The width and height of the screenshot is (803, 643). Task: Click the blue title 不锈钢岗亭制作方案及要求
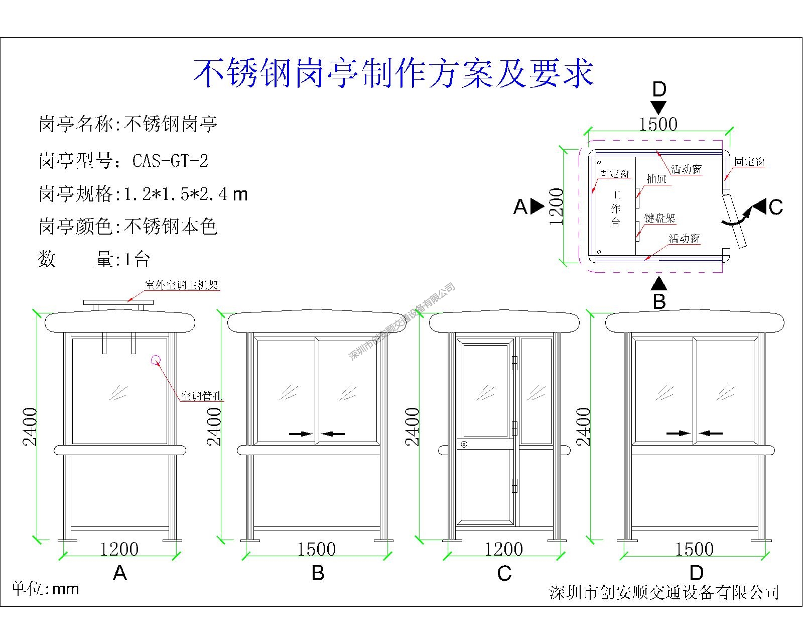393,73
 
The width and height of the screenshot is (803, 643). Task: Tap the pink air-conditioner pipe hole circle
156,359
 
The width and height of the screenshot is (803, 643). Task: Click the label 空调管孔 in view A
201,396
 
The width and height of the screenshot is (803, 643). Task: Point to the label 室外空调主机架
182,285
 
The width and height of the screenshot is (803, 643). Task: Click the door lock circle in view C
464,444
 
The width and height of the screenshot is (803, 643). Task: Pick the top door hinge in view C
514,363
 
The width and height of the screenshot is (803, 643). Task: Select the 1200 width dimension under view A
119,549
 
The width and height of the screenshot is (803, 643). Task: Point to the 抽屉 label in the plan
656,179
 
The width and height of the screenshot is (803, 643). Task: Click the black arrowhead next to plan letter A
537,206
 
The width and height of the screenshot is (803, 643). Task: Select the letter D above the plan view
659,89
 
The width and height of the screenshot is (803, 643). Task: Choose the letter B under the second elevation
318,573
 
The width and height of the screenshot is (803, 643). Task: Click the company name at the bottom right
664,593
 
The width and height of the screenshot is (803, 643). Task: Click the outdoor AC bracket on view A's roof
118,303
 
